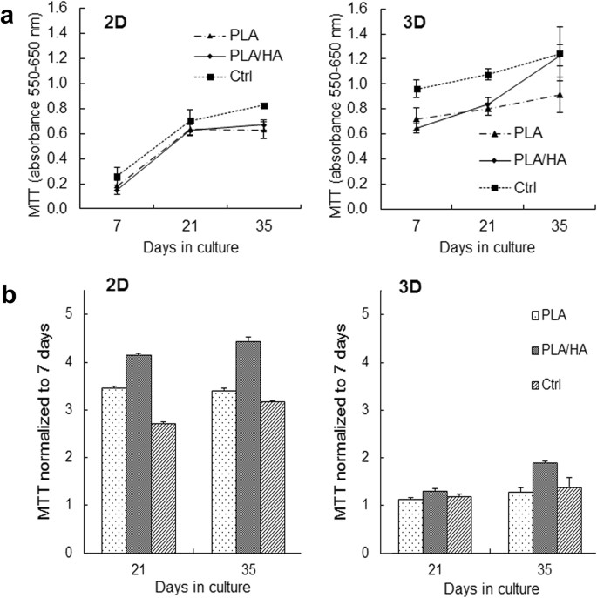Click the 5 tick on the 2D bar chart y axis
click(x=80, y=314)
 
